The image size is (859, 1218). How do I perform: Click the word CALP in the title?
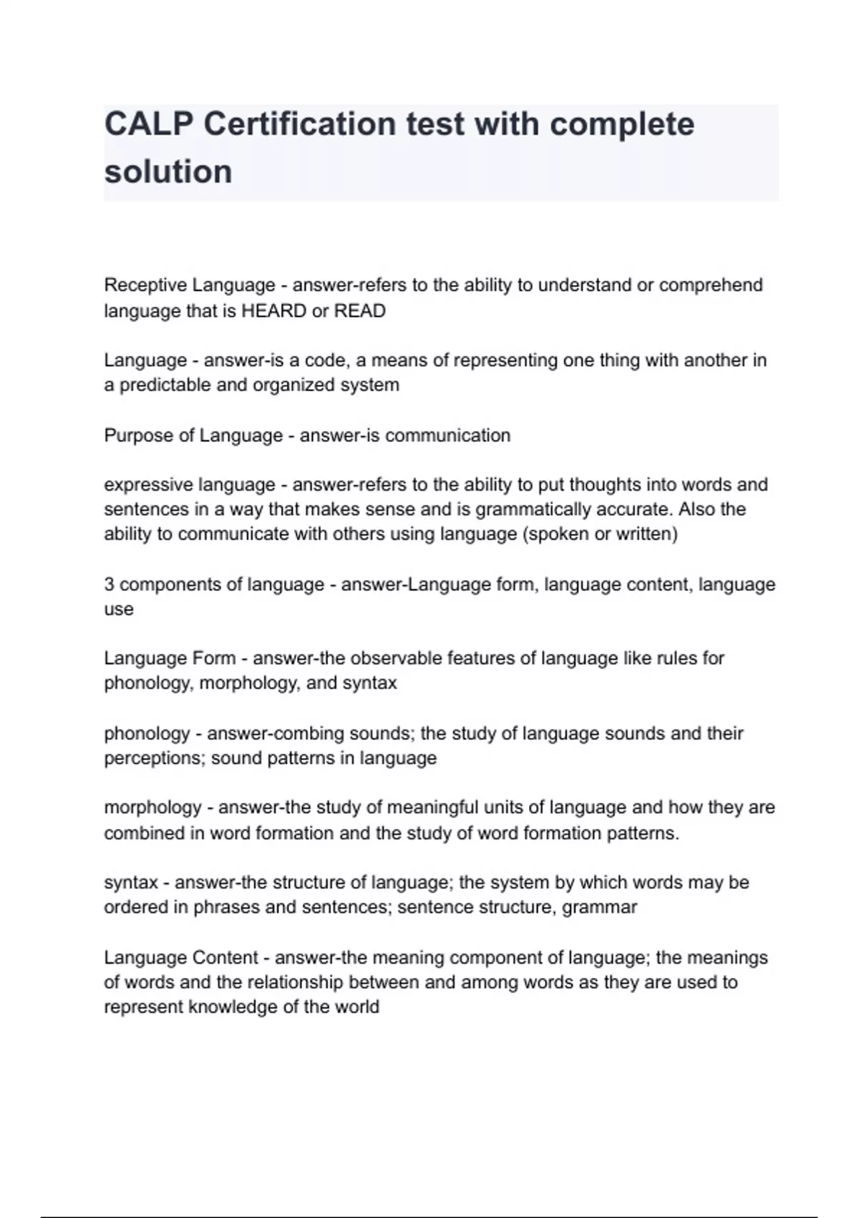click(x=147, y=124)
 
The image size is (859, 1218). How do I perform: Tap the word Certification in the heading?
click(x=299, y=124)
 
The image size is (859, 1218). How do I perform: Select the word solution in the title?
click(x=168, y=172)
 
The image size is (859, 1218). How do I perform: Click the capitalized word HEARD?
click(x=274, y=311)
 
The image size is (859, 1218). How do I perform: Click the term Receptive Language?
click(x=190, y=285)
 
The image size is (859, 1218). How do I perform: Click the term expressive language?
click(x=190, y=485)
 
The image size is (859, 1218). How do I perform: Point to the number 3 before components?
click(x=109, y=585)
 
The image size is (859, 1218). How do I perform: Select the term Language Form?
click(x=170, y=658)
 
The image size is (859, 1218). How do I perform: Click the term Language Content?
click(x=181, y=958)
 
